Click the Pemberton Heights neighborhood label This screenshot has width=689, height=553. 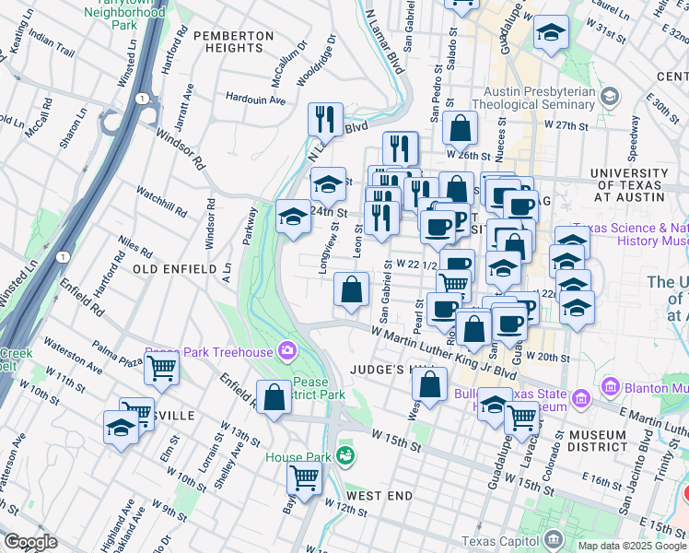(x=234, y=41)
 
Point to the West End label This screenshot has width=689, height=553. (x=380, y=496)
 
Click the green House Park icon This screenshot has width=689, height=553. (x=344, y=454)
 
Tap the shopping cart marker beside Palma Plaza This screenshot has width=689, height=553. (x=161, y=368)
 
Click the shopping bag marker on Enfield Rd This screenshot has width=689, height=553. (x=274, y=398)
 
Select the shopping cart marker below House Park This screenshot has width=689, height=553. (x=304, y=477)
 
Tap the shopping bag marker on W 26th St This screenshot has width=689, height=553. (x=460, y=129)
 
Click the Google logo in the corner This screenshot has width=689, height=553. (x=30, y=542)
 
